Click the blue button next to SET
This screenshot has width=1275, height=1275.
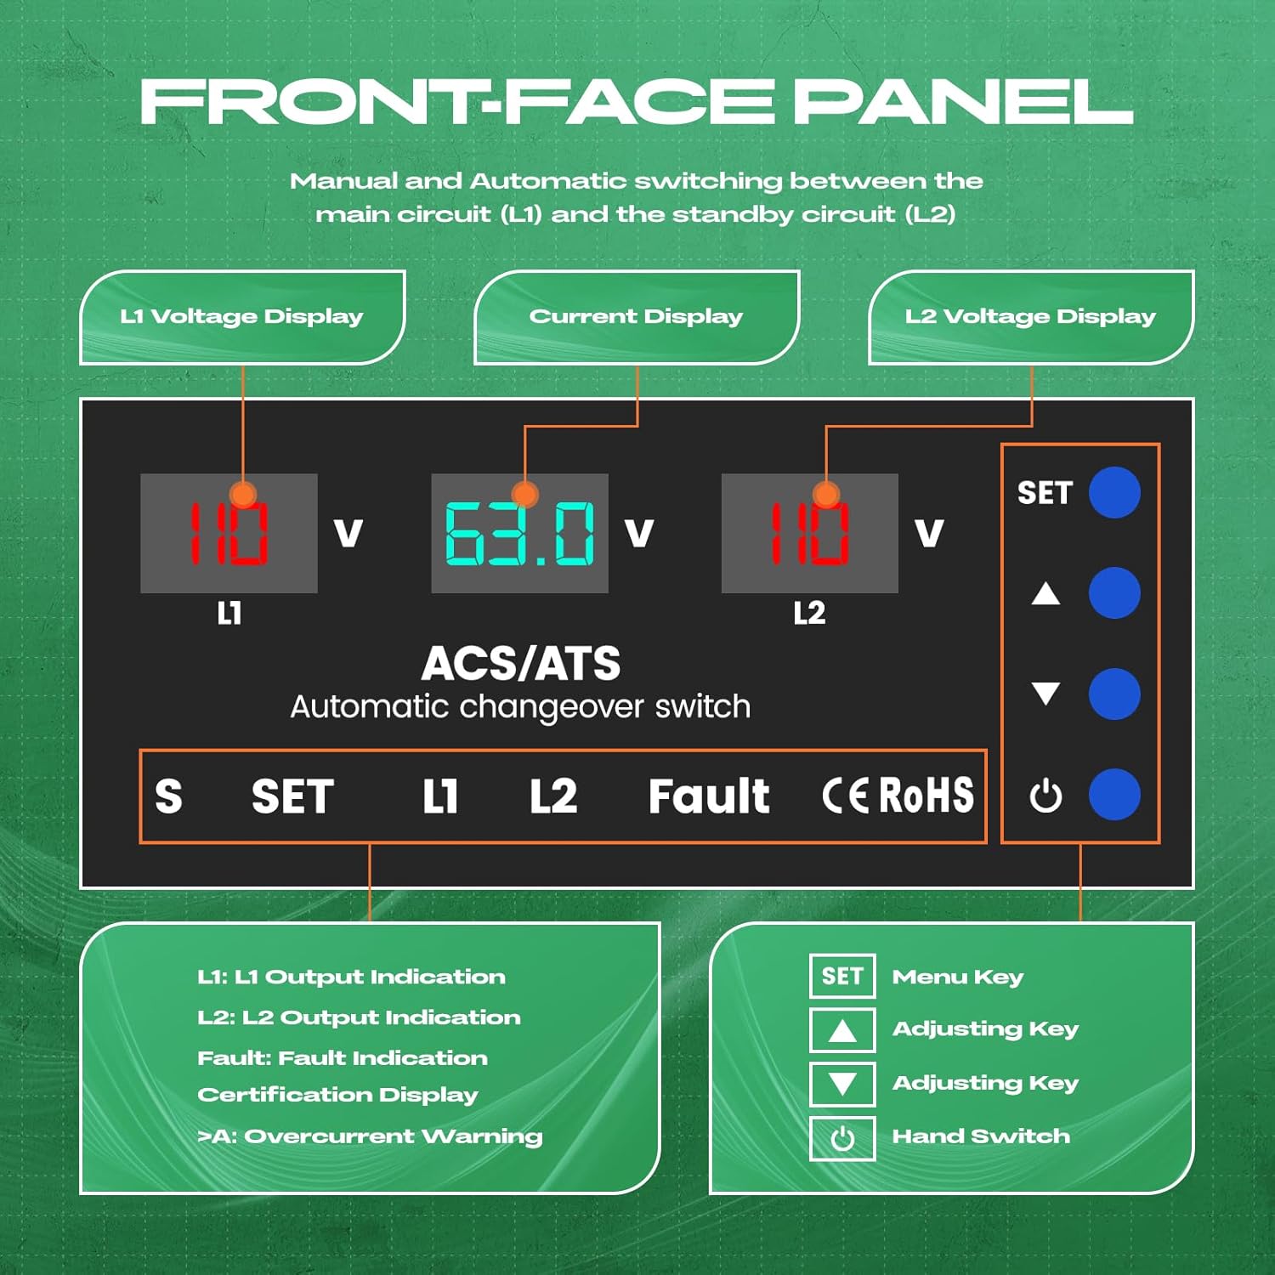point(1114,492)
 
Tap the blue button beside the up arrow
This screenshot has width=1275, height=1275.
point(1114,592)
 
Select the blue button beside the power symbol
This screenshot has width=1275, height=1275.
point(1114,795)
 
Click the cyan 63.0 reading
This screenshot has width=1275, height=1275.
point(520,534)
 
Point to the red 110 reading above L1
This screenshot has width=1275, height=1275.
point(228,534)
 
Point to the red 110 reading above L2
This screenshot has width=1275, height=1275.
point(809,534)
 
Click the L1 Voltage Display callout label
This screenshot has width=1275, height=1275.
point(242,317)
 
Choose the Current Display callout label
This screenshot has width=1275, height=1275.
point(636,317)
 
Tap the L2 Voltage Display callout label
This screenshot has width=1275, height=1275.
point(1030,317)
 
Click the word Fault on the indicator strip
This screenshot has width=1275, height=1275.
point(709,796)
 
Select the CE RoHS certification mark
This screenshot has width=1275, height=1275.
point(898,796)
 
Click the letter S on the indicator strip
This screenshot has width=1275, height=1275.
point(168,796)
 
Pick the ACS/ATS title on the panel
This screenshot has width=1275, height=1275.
point(521,664)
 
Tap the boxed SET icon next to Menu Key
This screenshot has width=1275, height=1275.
point(842,976)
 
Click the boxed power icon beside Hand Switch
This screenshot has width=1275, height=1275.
point(842,1138)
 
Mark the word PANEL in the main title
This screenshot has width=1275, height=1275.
point(962,102)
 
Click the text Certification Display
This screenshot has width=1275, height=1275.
point(337,1095)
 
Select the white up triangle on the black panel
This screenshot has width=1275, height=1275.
point(1045,593)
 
